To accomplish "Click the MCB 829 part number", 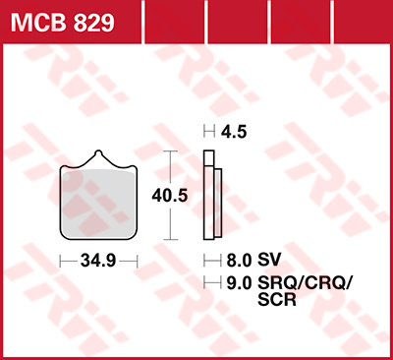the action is tap(63, 23).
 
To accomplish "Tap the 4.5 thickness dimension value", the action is tap(234, 132).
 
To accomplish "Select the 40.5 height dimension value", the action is tap(170, 196).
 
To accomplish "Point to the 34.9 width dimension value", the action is tap(98, 261).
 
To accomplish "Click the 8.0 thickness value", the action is tap(239, 261).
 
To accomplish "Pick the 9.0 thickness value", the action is tap(239, 283).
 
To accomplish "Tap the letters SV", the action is tap(269, 260).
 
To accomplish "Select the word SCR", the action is tap(277, 299).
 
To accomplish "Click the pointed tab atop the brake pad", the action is tap(98, 155).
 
